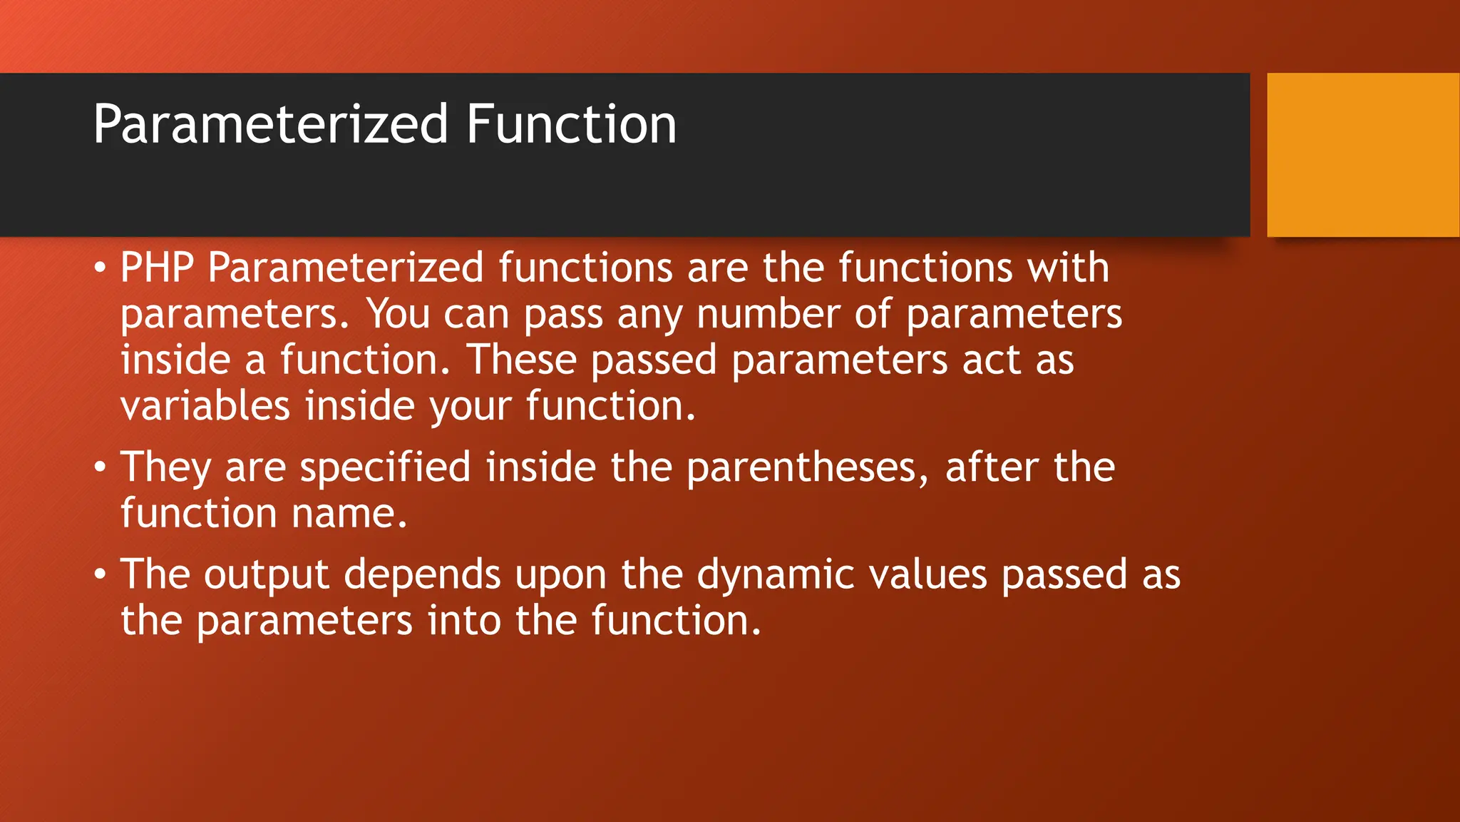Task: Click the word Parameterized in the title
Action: pos(271,125)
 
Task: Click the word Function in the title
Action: pos(571,125)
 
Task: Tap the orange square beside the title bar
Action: pos(1362,155)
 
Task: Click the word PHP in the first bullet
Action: pos(157,268)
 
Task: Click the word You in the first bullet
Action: pos(399,314)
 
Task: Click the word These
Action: pos(520,360)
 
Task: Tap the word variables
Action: pos(205,406)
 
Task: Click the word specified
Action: pos(385,468)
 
